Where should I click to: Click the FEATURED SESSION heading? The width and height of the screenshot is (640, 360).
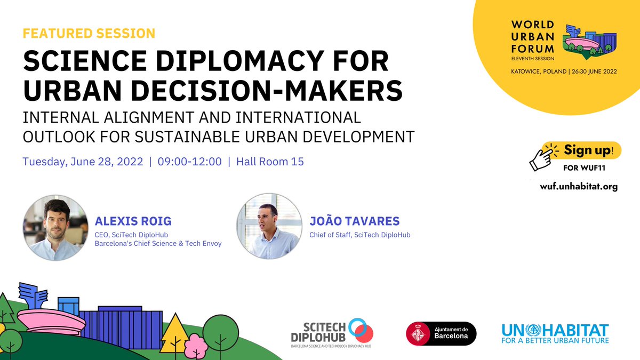[89, 34]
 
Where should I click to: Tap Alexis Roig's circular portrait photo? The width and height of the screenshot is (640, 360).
[55, 227]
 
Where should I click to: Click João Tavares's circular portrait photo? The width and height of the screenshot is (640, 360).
[269, 227]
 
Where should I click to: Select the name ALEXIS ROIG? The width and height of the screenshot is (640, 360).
[132, 221]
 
